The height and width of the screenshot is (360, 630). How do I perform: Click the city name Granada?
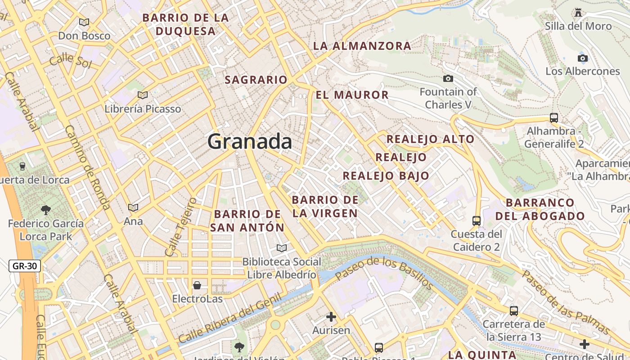coord(250,142)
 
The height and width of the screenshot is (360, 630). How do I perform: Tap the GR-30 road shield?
coord(25,266)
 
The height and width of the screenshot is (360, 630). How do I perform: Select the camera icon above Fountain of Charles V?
coord(448,79)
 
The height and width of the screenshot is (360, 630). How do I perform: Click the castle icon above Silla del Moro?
coord(578,13)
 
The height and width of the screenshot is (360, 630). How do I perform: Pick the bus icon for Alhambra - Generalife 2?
coord(554,118)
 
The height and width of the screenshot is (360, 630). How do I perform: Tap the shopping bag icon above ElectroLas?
coord(197,285)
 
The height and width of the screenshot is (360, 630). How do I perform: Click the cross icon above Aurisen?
coord(331,317)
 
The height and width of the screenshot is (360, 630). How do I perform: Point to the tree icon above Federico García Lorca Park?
coord(45,209)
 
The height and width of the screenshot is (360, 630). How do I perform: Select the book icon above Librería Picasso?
coord(143,95)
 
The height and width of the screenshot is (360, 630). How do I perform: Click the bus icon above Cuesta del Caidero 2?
coord(477,220)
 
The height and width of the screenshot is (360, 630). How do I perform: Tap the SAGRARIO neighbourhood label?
coord(256,80)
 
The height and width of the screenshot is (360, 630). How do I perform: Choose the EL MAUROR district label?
coord(352,95)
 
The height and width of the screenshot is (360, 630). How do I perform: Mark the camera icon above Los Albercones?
coord(583,58)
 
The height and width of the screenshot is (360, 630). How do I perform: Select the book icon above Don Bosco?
coord(84,22)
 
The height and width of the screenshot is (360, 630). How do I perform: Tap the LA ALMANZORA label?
coord(362,45)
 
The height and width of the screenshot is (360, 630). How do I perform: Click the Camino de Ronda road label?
coord(87,167)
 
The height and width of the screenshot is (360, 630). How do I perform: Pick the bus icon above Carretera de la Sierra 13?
coord(514,310)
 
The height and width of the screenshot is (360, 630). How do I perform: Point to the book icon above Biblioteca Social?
coord(282,248)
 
